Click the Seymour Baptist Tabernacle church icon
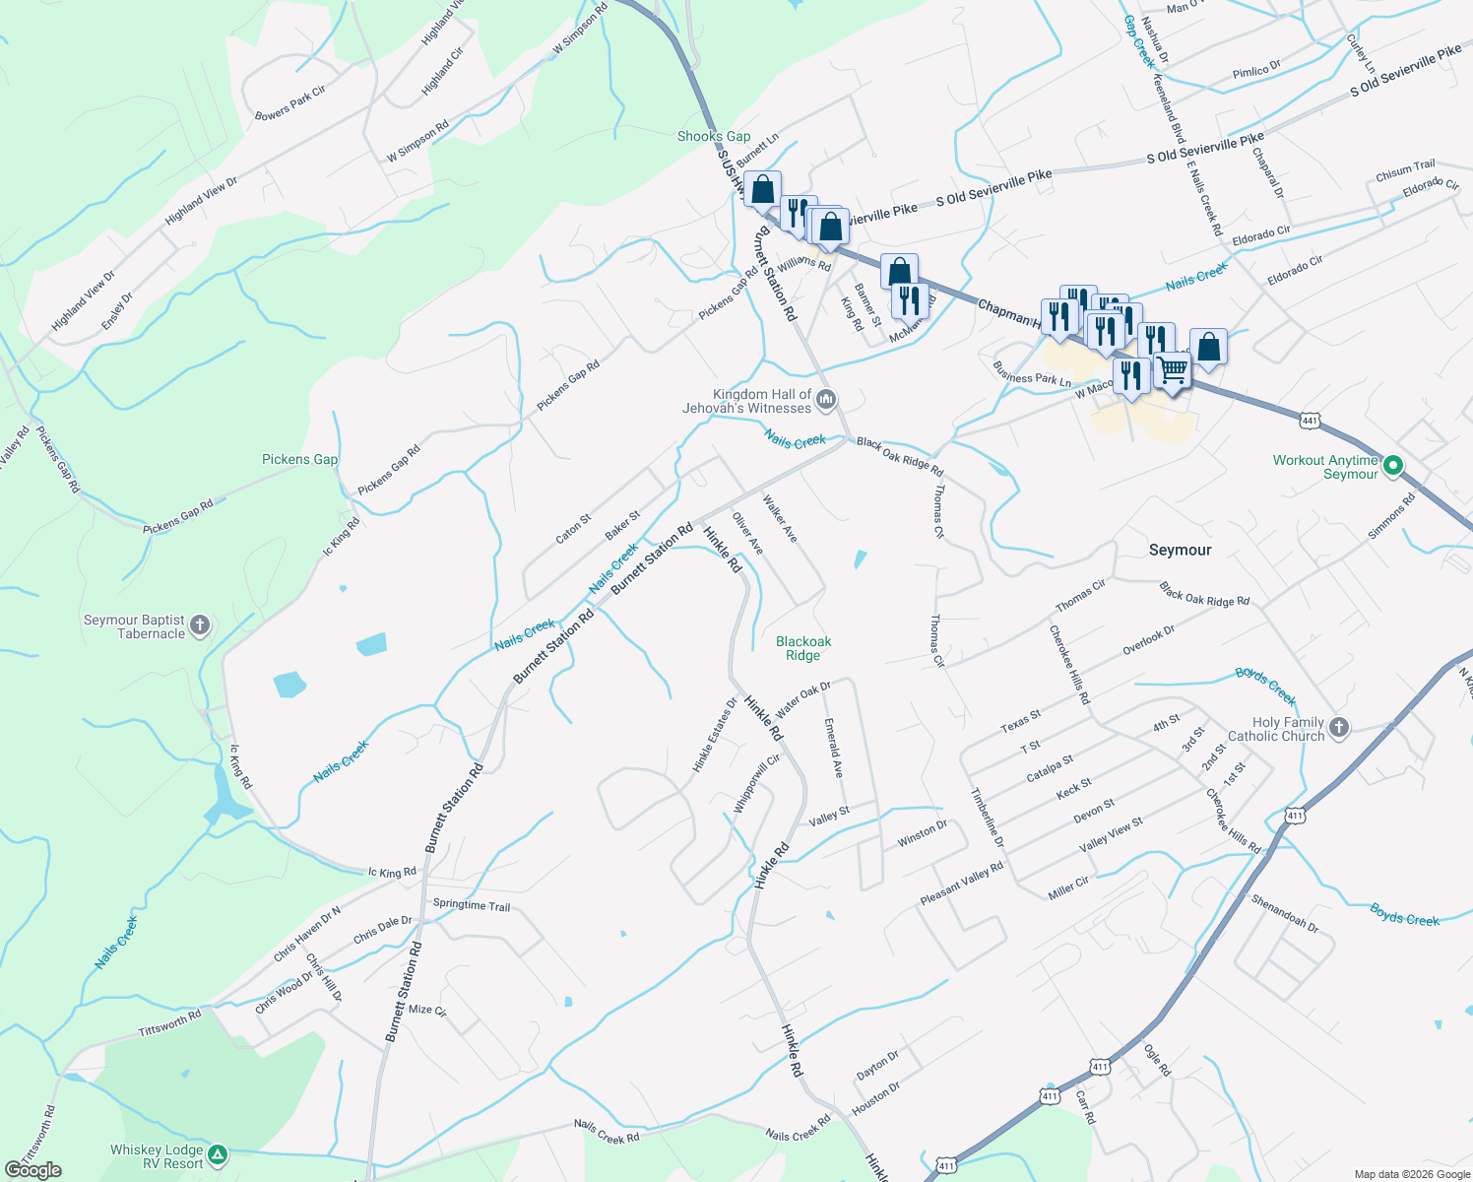tap(200, 625)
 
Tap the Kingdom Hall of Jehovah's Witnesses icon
tap(826, 400)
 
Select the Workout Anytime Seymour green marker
tap(1392, 466)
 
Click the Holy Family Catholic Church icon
tap(1338, 728)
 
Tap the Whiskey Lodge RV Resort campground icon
tap(218, 1154)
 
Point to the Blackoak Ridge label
tap(802, 648)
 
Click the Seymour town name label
tap(1180, 550)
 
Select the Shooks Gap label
tap(714, 136)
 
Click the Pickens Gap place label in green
tap(299, 459)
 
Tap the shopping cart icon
tap(1172, 370)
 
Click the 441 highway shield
tap(1309, 421)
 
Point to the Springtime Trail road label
tap(472, 905)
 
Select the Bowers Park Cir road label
tap(290, 102)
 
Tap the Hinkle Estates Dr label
tap(715, 735)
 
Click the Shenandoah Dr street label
tap(1284, 912)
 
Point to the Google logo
tap(33, 1170)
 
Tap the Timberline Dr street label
tap(987, 818)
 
